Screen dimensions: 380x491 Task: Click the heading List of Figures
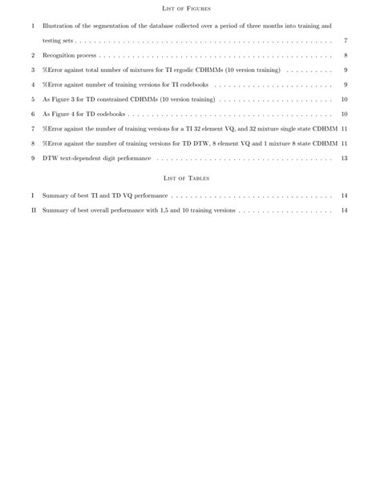[x=186, y=8]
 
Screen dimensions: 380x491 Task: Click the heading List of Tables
[x=186, y=178]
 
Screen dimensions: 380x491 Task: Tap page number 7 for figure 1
[x=345, y=40]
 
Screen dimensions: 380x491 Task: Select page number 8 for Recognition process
[x=345, y=55]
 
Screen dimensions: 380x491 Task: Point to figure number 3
[x=33, y=70]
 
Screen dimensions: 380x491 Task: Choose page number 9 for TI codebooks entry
[x=345, y=85]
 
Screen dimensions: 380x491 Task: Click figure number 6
[x=33, y=115]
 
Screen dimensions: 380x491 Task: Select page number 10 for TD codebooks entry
[x=344, y=115]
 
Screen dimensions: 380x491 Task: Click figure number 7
[x=33, y=129]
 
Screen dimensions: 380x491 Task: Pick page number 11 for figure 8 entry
[x=344, y=143]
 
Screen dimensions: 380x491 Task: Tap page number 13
[x=344, y=159]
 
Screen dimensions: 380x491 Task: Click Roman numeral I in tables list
[x=33, y=195]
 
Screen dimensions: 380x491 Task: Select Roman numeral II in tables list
[x=33, y=211]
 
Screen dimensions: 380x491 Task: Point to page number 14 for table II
[x=344, y=211]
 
